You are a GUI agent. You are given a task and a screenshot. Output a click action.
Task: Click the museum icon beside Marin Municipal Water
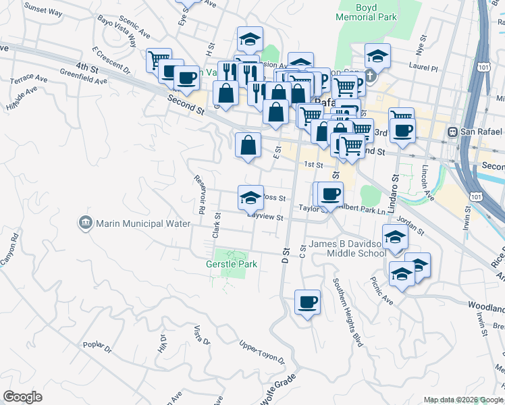[85, 223]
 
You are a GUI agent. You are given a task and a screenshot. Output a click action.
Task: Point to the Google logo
[23, 397]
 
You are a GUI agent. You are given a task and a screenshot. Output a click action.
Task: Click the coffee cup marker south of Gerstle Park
[308, 302]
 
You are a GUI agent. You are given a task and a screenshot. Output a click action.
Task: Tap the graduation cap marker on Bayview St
[250, 198]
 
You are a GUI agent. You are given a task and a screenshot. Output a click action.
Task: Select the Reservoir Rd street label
[200, 194]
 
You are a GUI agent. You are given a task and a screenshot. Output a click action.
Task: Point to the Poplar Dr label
[97, 348]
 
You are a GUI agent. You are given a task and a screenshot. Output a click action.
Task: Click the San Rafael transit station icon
[452, 132]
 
